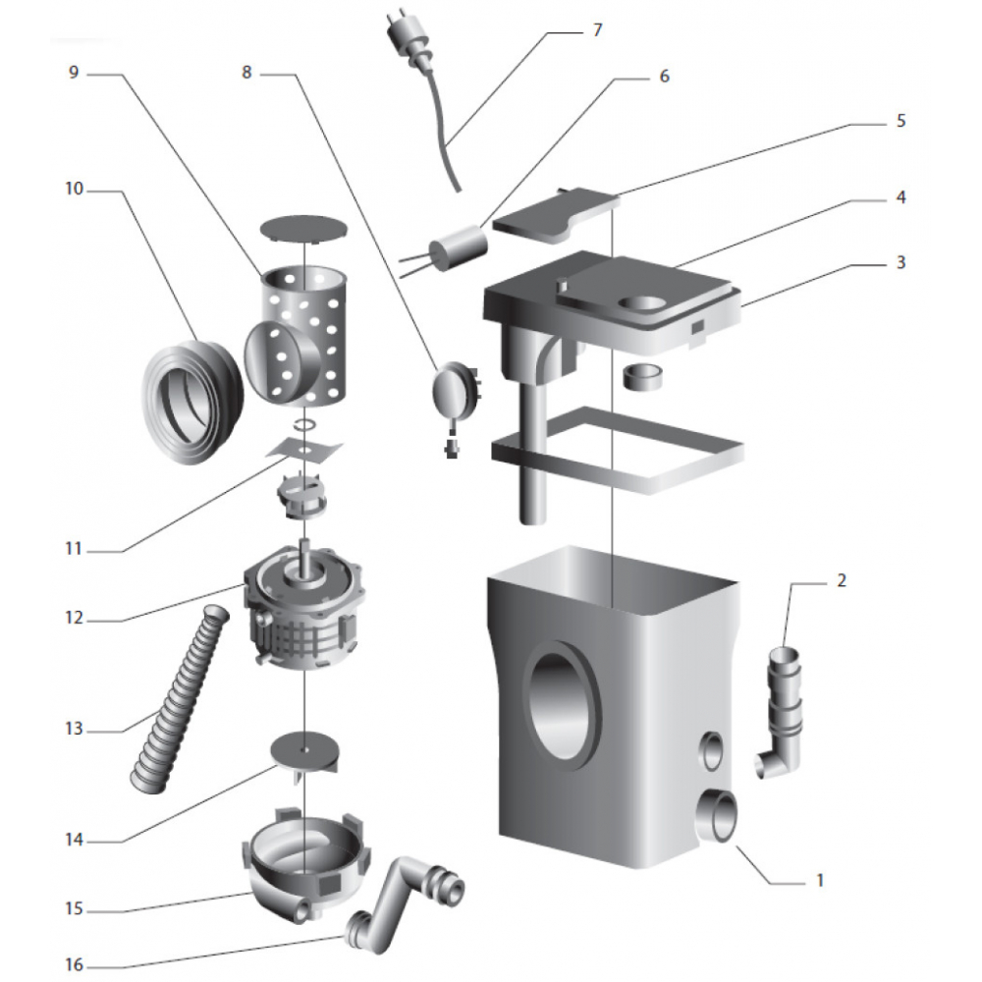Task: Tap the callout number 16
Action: click(75, 965)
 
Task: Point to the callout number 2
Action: click(841, 579)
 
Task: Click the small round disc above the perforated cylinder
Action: click(305, 225)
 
